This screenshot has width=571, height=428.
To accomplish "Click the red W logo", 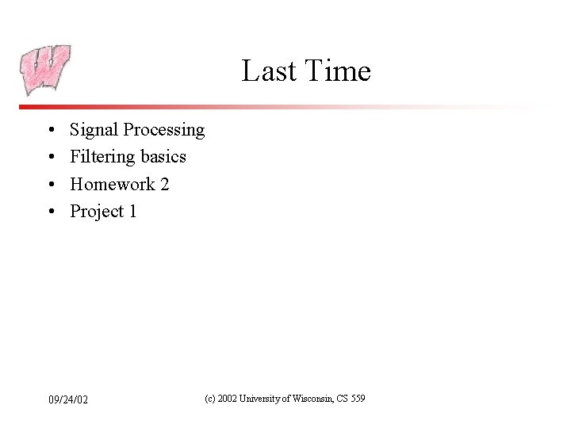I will pos(46,70).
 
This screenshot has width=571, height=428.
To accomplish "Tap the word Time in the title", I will pos(335,71).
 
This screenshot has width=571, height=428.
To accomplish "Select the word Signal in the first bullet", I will pos(94,130).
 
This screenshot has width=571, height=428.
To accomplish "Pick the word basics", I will pos(163,157).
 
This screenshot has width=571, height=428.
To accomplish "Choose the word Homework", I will pos(112,185).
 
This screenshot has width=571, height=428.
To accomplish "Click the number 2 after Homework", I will pos(164,185).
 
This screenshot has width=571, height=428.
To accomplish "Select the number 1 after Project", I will pos(132,212).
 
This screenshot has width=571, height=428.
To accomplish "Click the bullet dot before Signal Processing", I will pos(50,130).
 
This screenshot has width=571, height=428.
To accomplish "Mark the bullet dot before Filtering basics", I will pos(50,157).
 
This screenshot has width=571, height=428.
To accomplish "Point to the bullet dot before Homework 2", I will pos(50,185).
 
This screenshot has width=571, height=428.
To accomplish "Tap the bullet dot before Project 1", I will pos(50,212).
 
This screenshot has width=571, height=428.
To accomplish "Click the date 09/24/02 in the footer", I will pos(67,399).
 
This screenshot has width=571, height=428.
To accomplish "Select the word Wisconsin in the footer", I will pos(312,399).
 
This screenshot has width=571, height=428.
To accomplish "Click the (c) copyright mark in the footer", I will pos(210,399).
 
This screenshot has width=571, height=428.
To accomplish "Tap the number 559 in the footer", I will pos(356,399).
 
